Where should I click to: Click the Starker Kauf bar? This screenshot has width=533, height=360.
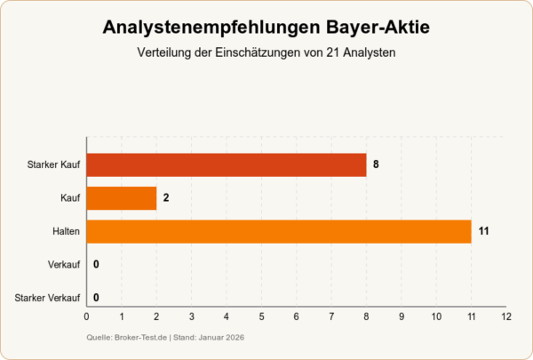tap(227, 164)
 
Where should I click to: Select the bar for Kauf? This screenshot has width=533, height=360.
tap(122, 198)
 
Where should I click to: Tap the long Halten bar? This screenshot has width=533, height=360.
tap(279, 231)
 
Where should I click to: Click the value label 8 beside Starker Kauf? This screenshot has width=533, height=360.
tap(377, 164)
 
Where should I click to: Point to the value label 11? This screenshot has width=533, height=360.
tap(484, 231)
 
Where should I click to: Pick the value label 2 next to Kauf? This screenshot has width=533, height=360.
tap(166, 198)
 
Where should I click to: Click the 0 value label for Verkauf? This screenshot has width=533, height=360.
tap(96, 265)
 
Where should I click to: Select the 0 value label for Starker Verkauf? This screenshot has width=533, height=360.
tap(96, 298)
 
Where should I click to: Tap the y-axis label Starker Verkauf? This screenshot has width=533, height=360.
tap(49, 298)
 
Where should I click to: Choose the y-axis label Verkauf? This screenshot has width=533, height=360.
tap(64, 265)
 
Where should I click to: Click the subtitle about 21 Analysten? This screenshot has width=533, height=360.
tap(266, 53)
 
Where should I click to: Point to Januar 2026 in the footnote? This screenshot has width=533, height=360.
tap(217, 338)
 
